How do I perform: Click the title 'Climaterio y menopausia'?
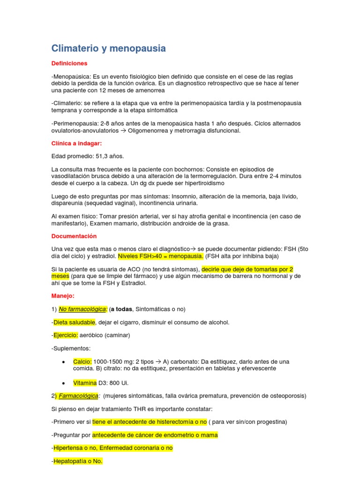(108, 48)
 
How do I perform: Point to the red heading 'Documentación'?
(74, 236)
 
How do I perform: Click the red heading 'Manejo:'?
(63, 296)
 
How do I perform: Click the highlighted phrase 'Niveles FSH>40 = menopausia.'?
(161, 256)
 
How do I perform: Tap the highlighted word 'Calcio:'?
(82, 362)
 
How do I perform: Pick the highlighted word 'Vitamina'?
(85, 383)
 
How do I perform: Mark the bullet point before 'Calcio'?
(63, 362)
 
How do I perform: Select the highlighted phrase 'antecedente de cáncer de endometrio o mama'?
(155, 435)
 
